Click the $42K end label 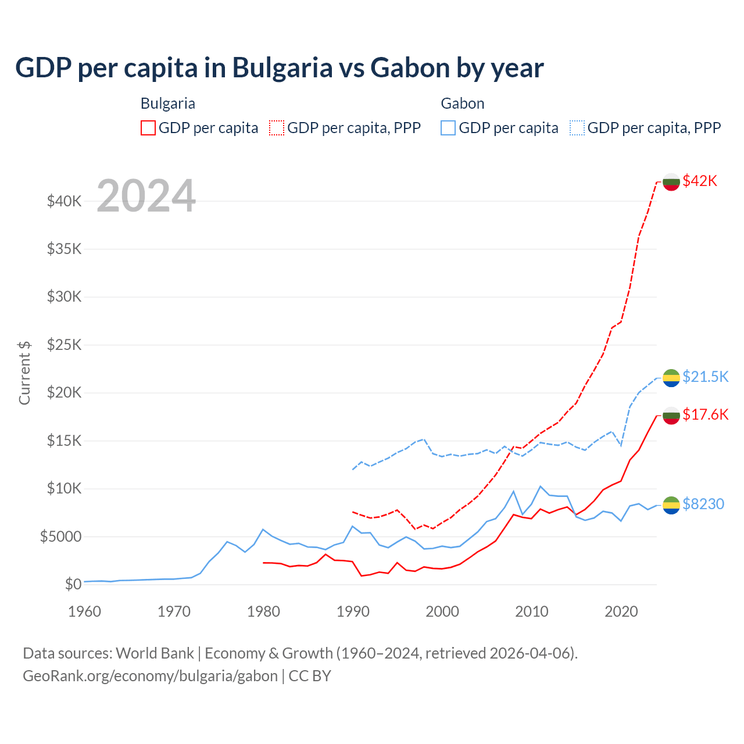[x=700, y=181]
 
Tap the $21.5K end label [x=705, y=377]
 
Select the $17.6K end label [x=705, y=414]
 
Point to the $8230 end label [x=703, y=504]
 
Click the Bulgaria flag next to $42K [x=671, y=181]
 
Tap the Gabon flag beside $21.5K [x=671, y=377]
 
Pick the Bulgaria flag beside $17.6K [x=671, y=415]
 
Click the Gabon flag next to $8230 [x=671, y=505]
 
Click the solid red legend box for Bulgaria [x=148, y=128]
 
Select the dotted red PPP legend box [x=277, y=128]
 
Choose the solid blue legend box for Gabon [x=448, y=128]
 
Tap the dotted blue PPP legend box [x=577, y=128]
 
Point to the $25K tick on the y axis [x=65, y=345]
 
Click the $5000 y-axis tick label [x=61, y=536]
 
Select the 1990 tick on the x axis [x=353, y=611]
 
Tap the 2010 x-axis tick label [x=532, y=611]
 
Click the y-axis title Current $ [x=24, y=373]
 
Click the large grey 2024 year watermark [x=146, y=196]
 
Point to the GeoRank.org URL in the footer [x=150, y=676]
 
